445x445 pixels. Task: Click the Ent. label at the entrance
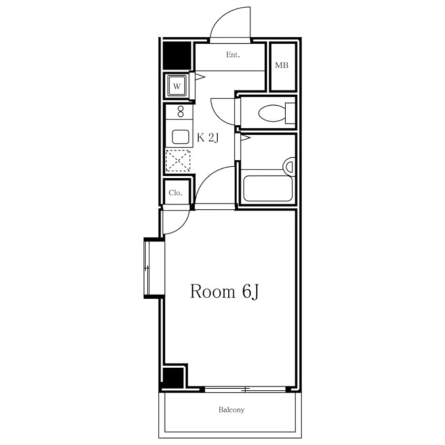pos(232,55)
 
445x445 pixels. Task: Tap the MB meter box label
pos(281,65)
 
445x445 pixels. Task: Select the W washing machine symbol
pos(177,86)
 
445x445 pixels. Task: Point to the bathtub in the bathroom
pos(268,188)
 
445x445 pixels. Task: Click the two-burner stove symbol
pos(180,112)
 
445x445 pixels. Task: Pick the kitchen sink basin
pos(180,137)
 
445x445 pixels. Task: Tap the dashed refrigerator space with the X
pos(178,160)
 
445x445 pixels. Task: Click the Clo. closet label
pos(175,193)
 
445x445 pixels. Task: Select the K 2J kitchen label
pos(208,138)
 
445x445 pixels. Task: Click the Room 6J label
pos(224,291)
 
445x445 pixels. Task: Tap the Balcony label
pos(231,410)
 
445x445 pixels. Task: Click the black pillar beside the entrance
pos(177,55)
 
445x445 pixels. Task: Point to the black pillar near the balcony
pos(173,378)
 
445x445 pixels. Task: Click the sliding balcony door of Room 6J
pos(246,389)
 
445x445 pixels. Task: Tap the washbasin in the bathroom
pos(289,166)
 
